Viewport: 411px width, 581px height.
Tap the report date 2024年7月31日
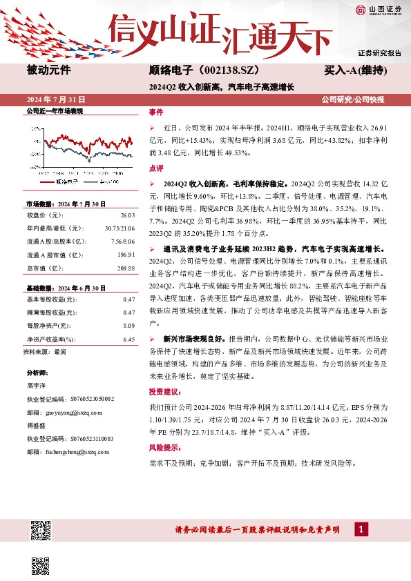point(55,100)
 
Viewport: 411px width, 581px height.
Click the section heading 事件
point(156,112)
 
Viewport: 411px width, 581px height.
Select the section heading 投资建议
point(163,391)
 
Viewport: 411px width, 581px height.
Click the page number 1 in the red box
point(361,529)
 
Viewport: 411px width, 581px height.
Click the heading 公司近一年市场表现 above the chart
point(54,111)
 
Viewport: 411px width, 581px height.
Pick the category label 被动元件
point(48,70)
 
